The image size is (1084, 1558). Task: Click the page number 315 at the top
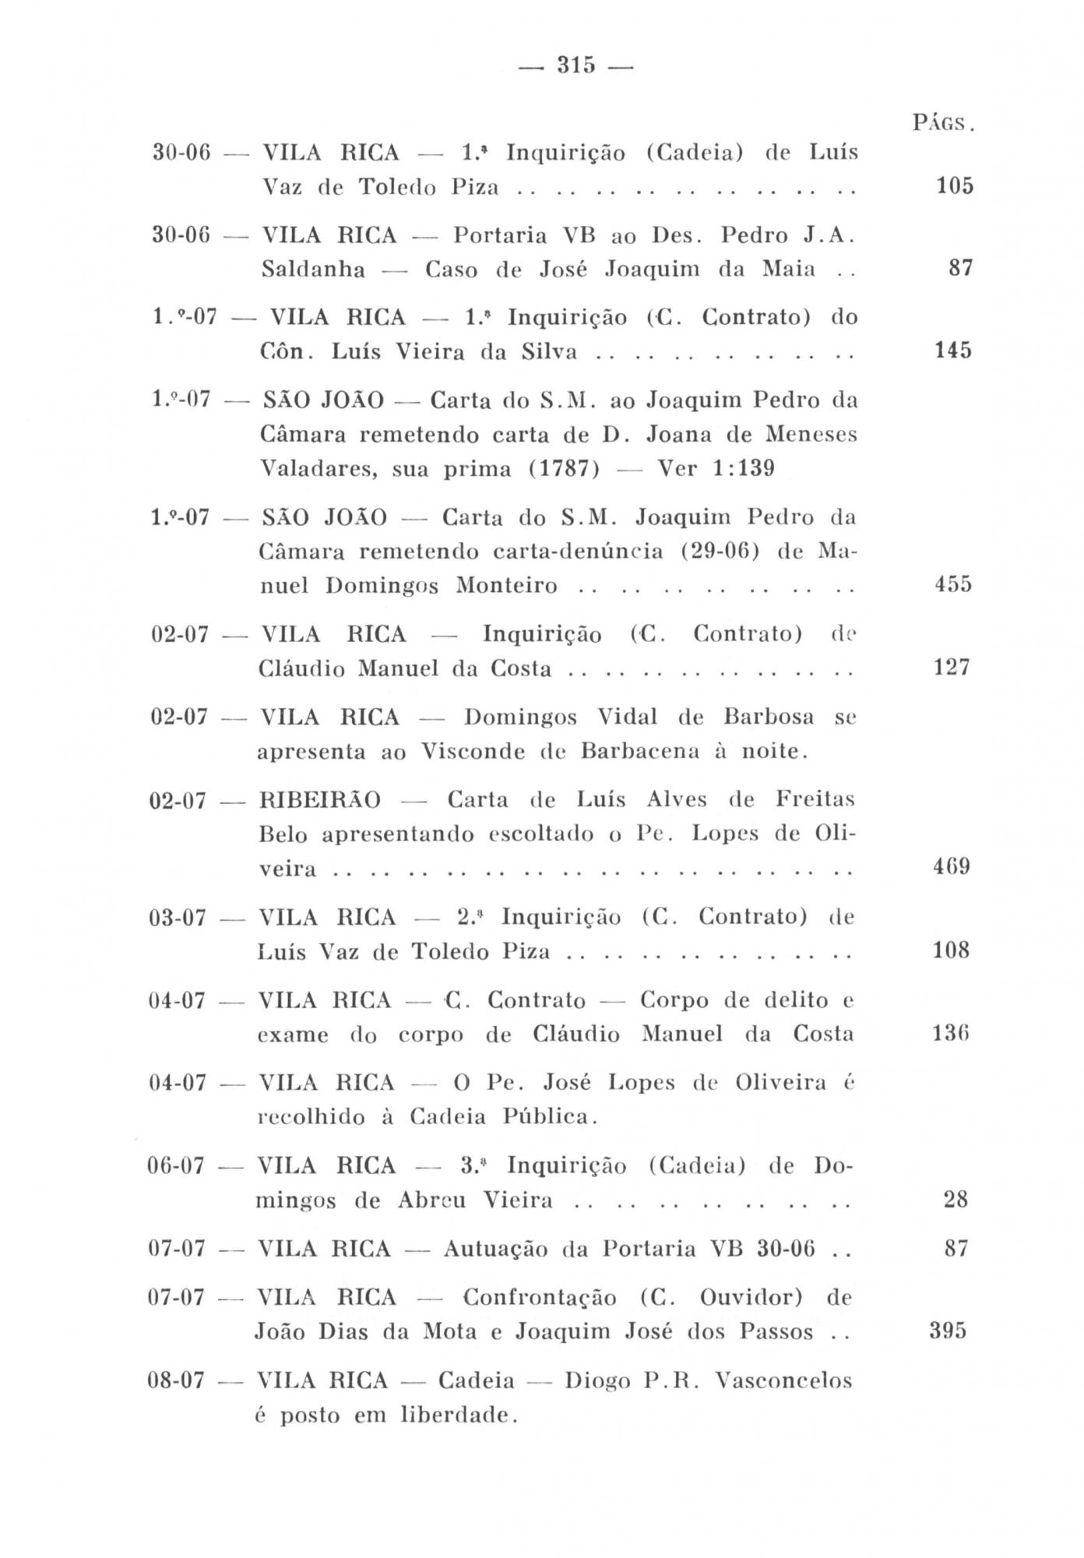[576, 65]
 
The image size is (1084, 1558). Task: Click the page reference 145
[953, 351]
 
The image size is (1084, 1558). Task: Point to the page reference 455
[953, 584]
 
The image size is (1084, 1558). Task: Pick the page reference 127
[952, 668]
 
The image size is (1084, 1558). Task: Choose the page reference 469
[951, 867]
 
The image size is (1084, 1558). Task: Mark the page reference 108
[951, 950]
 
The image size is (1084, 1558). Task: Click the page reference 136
[951, 1034]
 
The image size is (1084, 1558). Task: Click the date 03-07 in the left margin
[178, 918]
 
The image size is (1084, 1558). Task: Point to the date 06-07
[176, 1166]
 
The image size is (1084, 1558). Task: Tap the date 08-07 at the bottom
[175, 1381]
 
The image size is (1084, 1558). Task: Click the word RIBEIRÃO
[320, 800]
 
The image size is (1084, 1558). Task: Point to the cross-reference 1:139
[743, 469]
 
